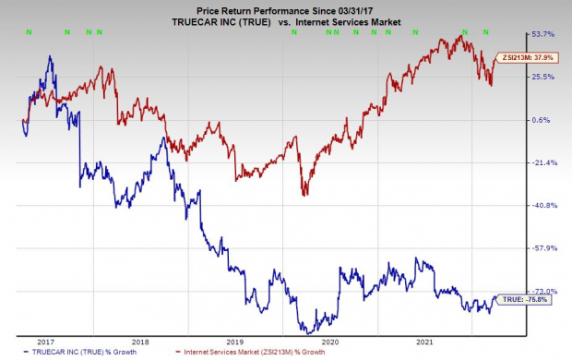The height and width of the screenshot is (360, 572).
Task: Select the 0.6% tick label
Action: [542, 121]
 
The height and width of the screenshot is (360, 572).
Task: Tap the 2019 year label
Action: [235, 341]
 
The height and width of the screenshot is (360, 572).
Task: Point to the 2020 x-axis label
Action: [330, 341]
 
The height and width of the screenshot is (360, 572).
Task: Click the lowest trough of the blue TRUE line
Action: [305, 331]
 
